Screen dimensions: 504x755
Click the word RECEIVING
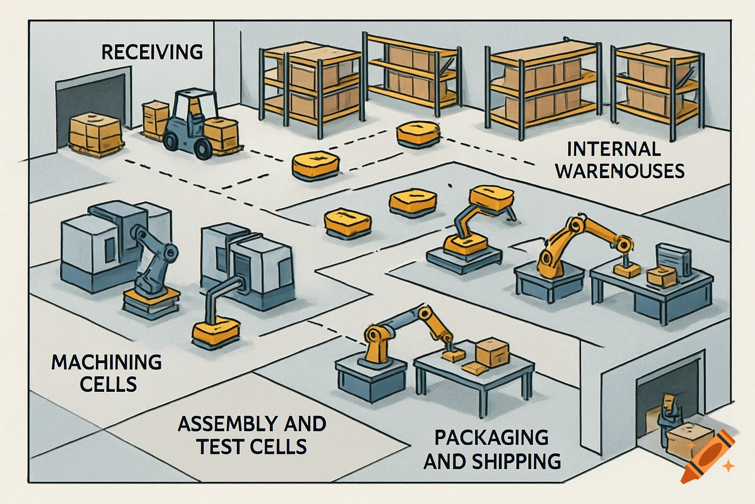point(152,52)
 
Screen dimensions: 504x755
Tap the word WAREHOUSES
point(620,171)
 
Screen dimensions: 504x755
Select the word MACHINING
point(107,362)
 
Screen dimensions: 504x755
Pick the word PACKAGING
point(492,438)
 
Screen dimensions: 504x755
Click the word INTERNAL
point(613,149)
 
